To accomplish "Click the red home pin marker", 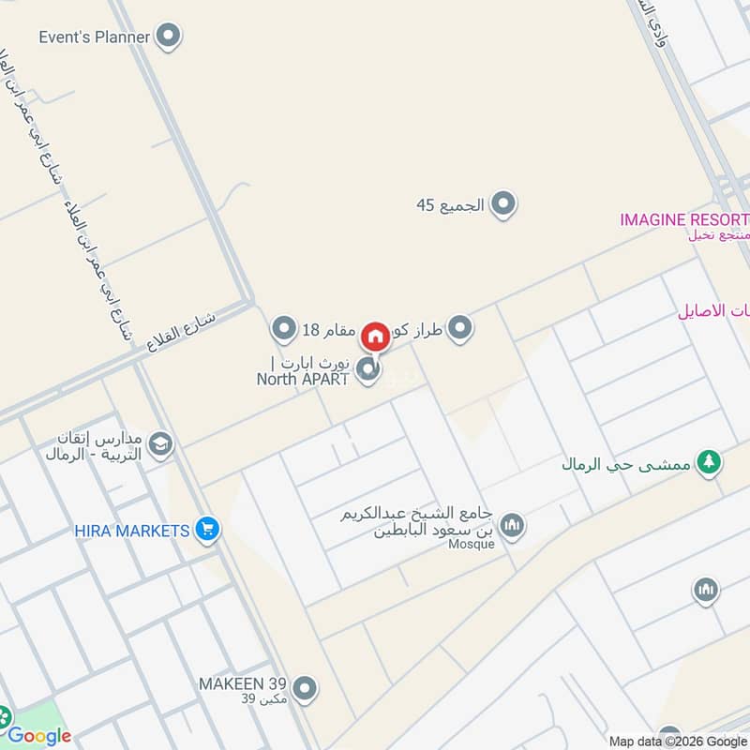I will click(375, 336).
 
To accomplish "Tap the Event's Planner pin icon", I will click(169, 37).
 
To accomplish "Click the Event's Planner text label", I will click(95, 37).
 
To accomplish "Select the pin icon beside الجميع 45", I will click(503, 203).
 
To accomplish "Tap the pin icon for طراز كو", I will click(459, 328).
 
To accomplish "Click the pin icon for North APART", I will click(368, 370).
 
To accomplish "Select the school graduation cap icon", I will click(161, 443).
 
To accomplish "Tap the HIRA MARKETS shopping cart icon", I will click(208, 531).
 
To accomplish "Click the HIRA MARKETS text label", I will click(132, 532).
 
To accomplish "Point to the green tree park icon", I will click(710, 463).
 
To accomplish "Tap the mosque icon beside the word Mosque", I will click(512, 525).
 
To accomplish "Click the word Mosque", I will click(472, 545).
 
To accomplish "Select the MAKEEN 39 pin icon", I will click(303, 690).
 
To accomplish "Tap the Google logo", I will click(39, 736).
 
